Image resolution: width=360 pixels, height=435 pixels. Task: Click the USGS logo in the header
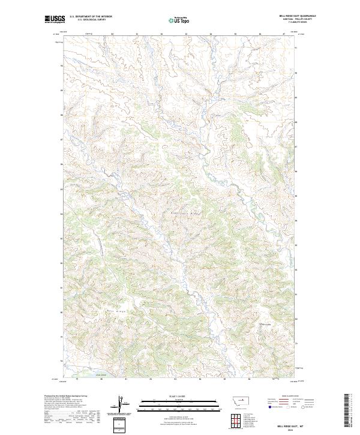click(55, 19)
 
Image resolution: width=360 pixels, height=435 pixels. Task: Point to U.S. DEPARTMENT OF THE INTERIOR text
click(91, 16)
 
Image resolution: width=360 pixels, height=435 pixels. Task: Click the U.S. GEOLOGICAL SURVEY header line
click(91, 19)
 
